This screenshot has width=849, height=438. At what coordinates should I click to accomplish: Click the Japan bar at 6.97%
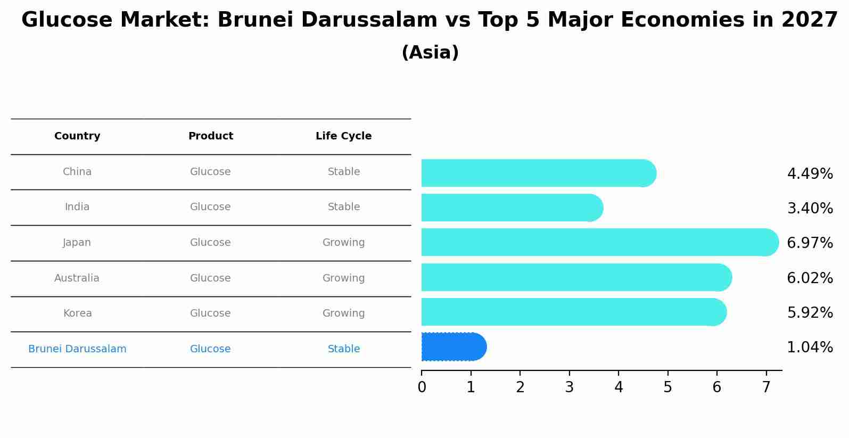(600, 242)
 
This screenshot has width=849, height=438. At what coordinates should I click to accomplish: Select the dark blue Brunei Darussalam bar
(454, 346)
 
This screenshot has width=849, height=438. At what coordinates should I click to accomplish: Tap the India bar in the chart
(513, 208)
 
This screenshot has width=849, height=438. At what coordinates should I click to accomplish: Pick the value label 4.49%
(810, 173)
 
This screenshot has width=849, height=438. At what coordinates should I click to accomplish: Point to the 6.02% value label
(810, 278)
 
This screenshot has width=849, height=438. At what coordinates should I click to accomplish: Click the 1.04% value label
(810, 347)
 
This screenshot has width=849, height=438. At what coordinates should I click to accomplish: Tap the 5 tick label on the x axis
(668, 387)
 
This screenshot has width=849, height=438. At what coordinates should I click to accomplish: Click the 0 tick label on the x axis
(422, 387)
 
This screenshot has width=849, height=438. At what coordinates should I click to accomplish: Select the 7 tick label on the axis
(766, 387)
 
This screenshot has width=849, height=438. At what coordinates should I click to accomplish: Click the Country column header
(77, 136)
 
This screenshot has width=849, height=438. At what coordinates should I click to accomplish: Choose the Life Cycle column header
(344, 136)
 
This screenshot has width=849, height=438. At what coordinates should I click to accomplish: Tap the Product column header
(211, 136)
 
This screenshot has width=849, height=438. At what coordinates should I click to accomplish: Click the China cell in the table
(77, 172)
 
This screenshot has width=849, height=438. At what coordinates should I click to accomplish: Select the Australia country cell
(77, 278)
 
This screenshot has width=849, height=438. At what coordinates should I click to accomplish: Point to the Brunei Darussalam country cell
(77, 349)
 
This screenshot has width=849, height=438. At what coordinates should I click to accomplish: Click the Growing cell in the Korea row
(344, 313)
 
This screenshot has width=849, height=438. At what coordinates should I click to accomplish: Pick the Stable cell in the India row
(344, 206)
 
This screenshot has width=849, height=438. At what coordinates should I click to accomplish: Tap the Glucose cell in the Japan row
(210, 242)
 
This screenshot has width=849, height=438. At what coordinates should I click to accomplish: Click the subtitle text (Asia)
(430, 52)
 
